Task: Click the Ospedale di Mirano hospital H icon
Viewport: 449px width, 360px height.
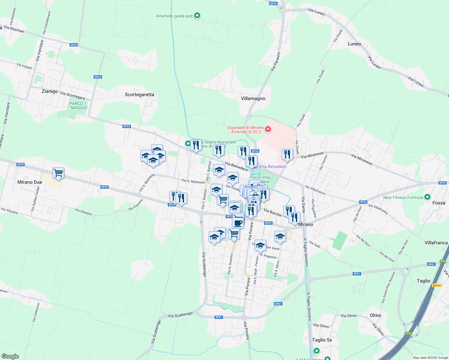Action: [x=268, y=129]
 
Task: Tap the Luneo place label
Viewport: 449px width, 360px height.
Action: [x=354, y=44]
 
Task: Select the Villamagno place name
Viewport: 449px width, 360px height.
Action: [x=253, y=98]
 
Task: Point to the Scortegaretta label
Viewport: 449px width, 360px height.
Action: [x=139, y=94]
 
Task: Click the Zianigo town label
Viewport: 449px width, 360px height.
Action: [x=50, y=91]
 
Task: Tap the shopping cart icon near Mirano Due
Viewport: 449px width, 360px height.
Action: [x=58, y=173]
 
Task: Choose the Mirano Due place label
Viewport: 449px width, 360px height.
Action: [x=30, y=182]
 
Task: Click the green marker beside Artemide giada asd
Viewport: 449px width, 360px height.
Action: [x=197, y=16]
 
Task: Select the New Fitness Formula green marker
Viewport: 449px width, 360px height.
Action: [x=428, y=197]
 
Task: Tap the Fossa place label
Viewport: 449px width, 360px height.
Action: [x=439, y=203]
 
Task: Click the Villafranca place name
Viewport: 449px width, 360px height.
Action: [x=436, y=243]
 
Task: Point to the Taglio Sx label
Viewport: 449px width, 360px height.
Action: [x=322, y=340]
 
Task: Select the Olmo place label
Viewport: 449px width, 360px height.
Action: [x=375, y=315]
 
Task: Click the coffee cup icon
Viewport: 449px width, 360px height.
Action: [x=238, y=223]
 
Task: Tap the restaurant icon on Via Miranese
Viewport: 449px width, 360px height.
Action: [x=287, y=154]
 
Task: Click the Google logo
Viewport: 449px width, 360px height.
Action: [x=10, y=356]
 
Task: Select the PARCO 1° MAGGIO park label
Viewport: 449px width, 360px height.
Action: [x=78, y=106]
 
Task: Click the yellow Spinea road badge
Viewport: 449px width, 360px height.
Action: [x=436, y=285]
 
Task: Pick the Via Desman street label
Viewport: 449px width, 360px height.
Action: [x=14, y=29]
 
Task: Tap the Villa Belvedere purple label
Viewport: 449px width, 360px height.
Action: [x=272, y=166]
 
